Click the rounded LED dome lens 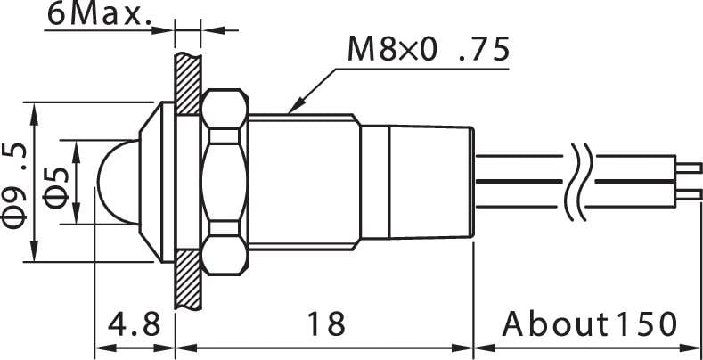(113, 182)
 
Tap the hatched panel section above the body (186, 85)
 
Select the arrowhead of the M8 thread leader (291, 110)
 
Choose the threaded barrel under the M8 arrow (303, 182)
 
